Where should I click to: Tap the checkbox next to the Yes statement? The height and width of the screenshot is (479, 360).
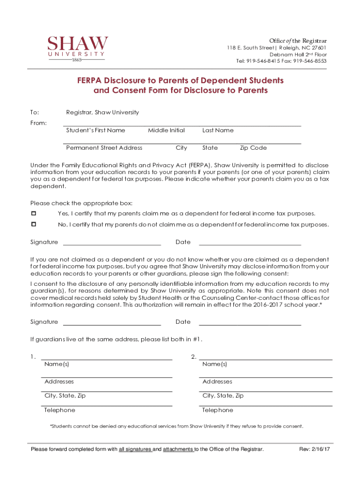click(x=33, y=213)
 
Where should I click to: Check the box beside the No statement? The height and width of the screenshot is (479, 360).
click(x=33, y=225)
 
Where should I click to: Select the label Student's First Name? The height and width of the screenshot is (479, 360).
click(x=95, y=131)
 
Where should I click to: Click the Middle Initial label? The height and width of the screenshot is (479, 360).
click(x=166, y=131)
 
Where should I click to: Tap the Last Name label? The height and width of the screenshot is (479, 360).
click(x=218, y=131)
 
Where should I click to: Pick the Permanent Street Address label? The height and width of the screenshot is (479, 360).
click(x=104, y=148)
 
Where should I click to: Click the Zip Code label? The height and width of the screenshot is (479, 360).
click(x=253, y=148)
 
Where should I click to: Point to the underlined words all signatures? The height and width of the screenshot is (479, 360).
click(x=135, y=450)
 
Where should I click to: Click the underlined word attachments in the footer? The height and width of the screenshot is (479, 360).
click(x=178, y=450)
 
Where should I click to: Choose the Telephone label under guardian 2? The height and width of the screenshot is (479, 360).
click(x=218, y=410)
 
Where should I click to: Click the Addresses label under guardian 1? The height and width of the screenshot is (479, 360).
click(x=59, y=382)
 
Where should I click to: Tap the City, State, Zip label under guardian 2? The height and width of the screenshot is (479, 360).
click(x=223, y=396)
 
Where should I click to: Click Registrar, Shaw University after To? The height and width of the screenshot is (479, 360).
click(x=102, y=113)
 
